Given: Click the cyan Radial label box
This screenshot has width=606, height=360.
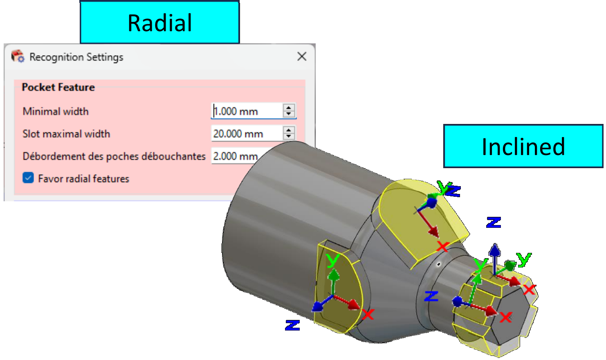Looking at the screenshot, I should pyautogui.click(x=159, y=22).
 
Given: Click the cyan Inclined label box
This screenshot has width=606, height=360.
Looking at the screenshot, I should pyautogui.click(x=523, y=146).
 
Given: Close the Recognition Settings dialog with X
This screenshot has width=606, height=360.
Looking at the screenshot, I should pyautogui.click(x=302, y=56).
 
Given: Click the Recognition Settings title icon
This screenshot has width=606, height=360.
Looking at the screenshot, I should pyautogui.click(x=18, y=56).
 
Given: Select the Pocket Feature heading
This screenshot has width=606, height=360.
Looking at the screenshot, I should pyautogui.click(x=58, y=87).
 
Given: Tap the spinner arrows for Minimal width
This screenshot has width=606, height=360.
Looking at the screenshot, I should pyautogui.click(x=289, y=111).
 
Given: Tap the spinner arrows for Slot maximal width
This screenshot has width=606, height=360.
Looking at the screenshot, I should pyautogui.click(x=289, y=133).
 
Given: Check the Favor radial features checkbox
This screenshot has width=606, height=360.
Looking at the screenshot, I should pyautogui.click(x=28, y=178).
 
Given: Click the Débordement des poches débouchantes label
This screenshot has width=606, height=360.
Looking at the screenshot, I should pyautogui.click(x=114, y=156).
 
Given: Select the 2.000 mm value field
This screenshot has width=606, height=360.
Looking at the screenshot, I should pyautogui.click(x=235, y=156).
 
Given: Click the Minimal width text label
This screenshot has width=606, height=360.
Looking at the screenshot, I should pyautogui.click(x=56, y=111).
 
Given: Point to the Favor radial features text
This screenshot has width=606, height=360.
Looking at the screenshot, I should pyautogui.click(x=83, y=179).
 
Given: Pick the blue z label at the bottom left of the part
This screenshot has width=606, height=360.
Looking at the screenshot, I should pyautogui.click(x=292, y=326).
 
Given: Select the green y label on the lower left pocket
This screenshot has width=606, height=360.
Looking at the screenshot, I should pyautogui.click(x=333, y=260).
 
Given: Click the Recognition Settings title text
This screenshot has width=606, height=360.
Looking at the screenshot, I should pyautogui.click(x=76, y=57).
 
